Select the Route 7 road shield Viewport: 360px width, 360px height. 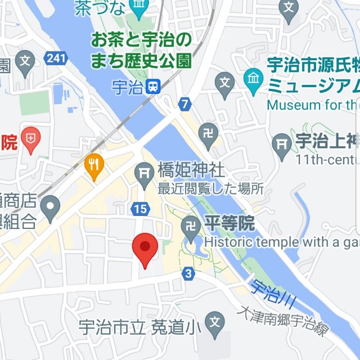[184, 103]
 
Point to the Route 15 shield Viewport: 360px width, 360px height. [141, 209]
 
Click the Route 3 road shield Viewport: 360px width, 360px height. [188, 274]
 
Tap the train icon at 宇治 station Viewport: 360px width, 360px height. [152, 87]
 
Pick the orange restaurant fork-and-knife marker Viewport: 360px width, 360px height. [94, 164]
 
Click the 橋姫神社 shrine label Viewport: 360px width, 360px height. [191, 170]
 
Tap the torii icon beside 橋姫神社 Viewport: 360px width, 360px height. [145, 171]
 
